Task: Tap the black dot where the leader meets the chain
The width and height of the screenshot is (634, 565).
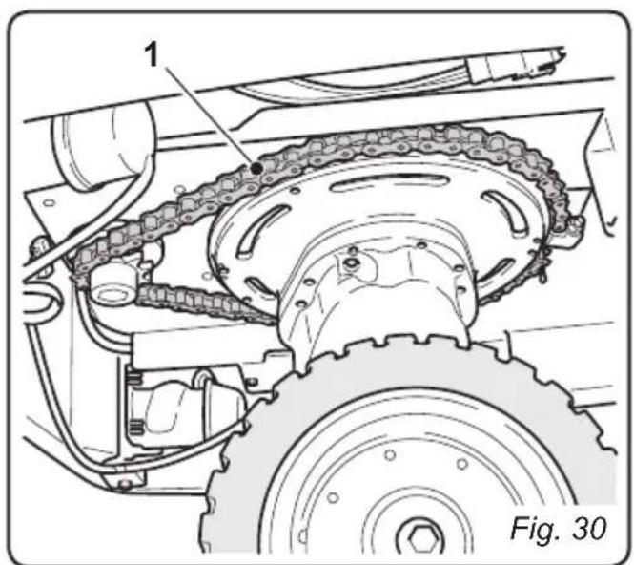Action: [x=257, y=168]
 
